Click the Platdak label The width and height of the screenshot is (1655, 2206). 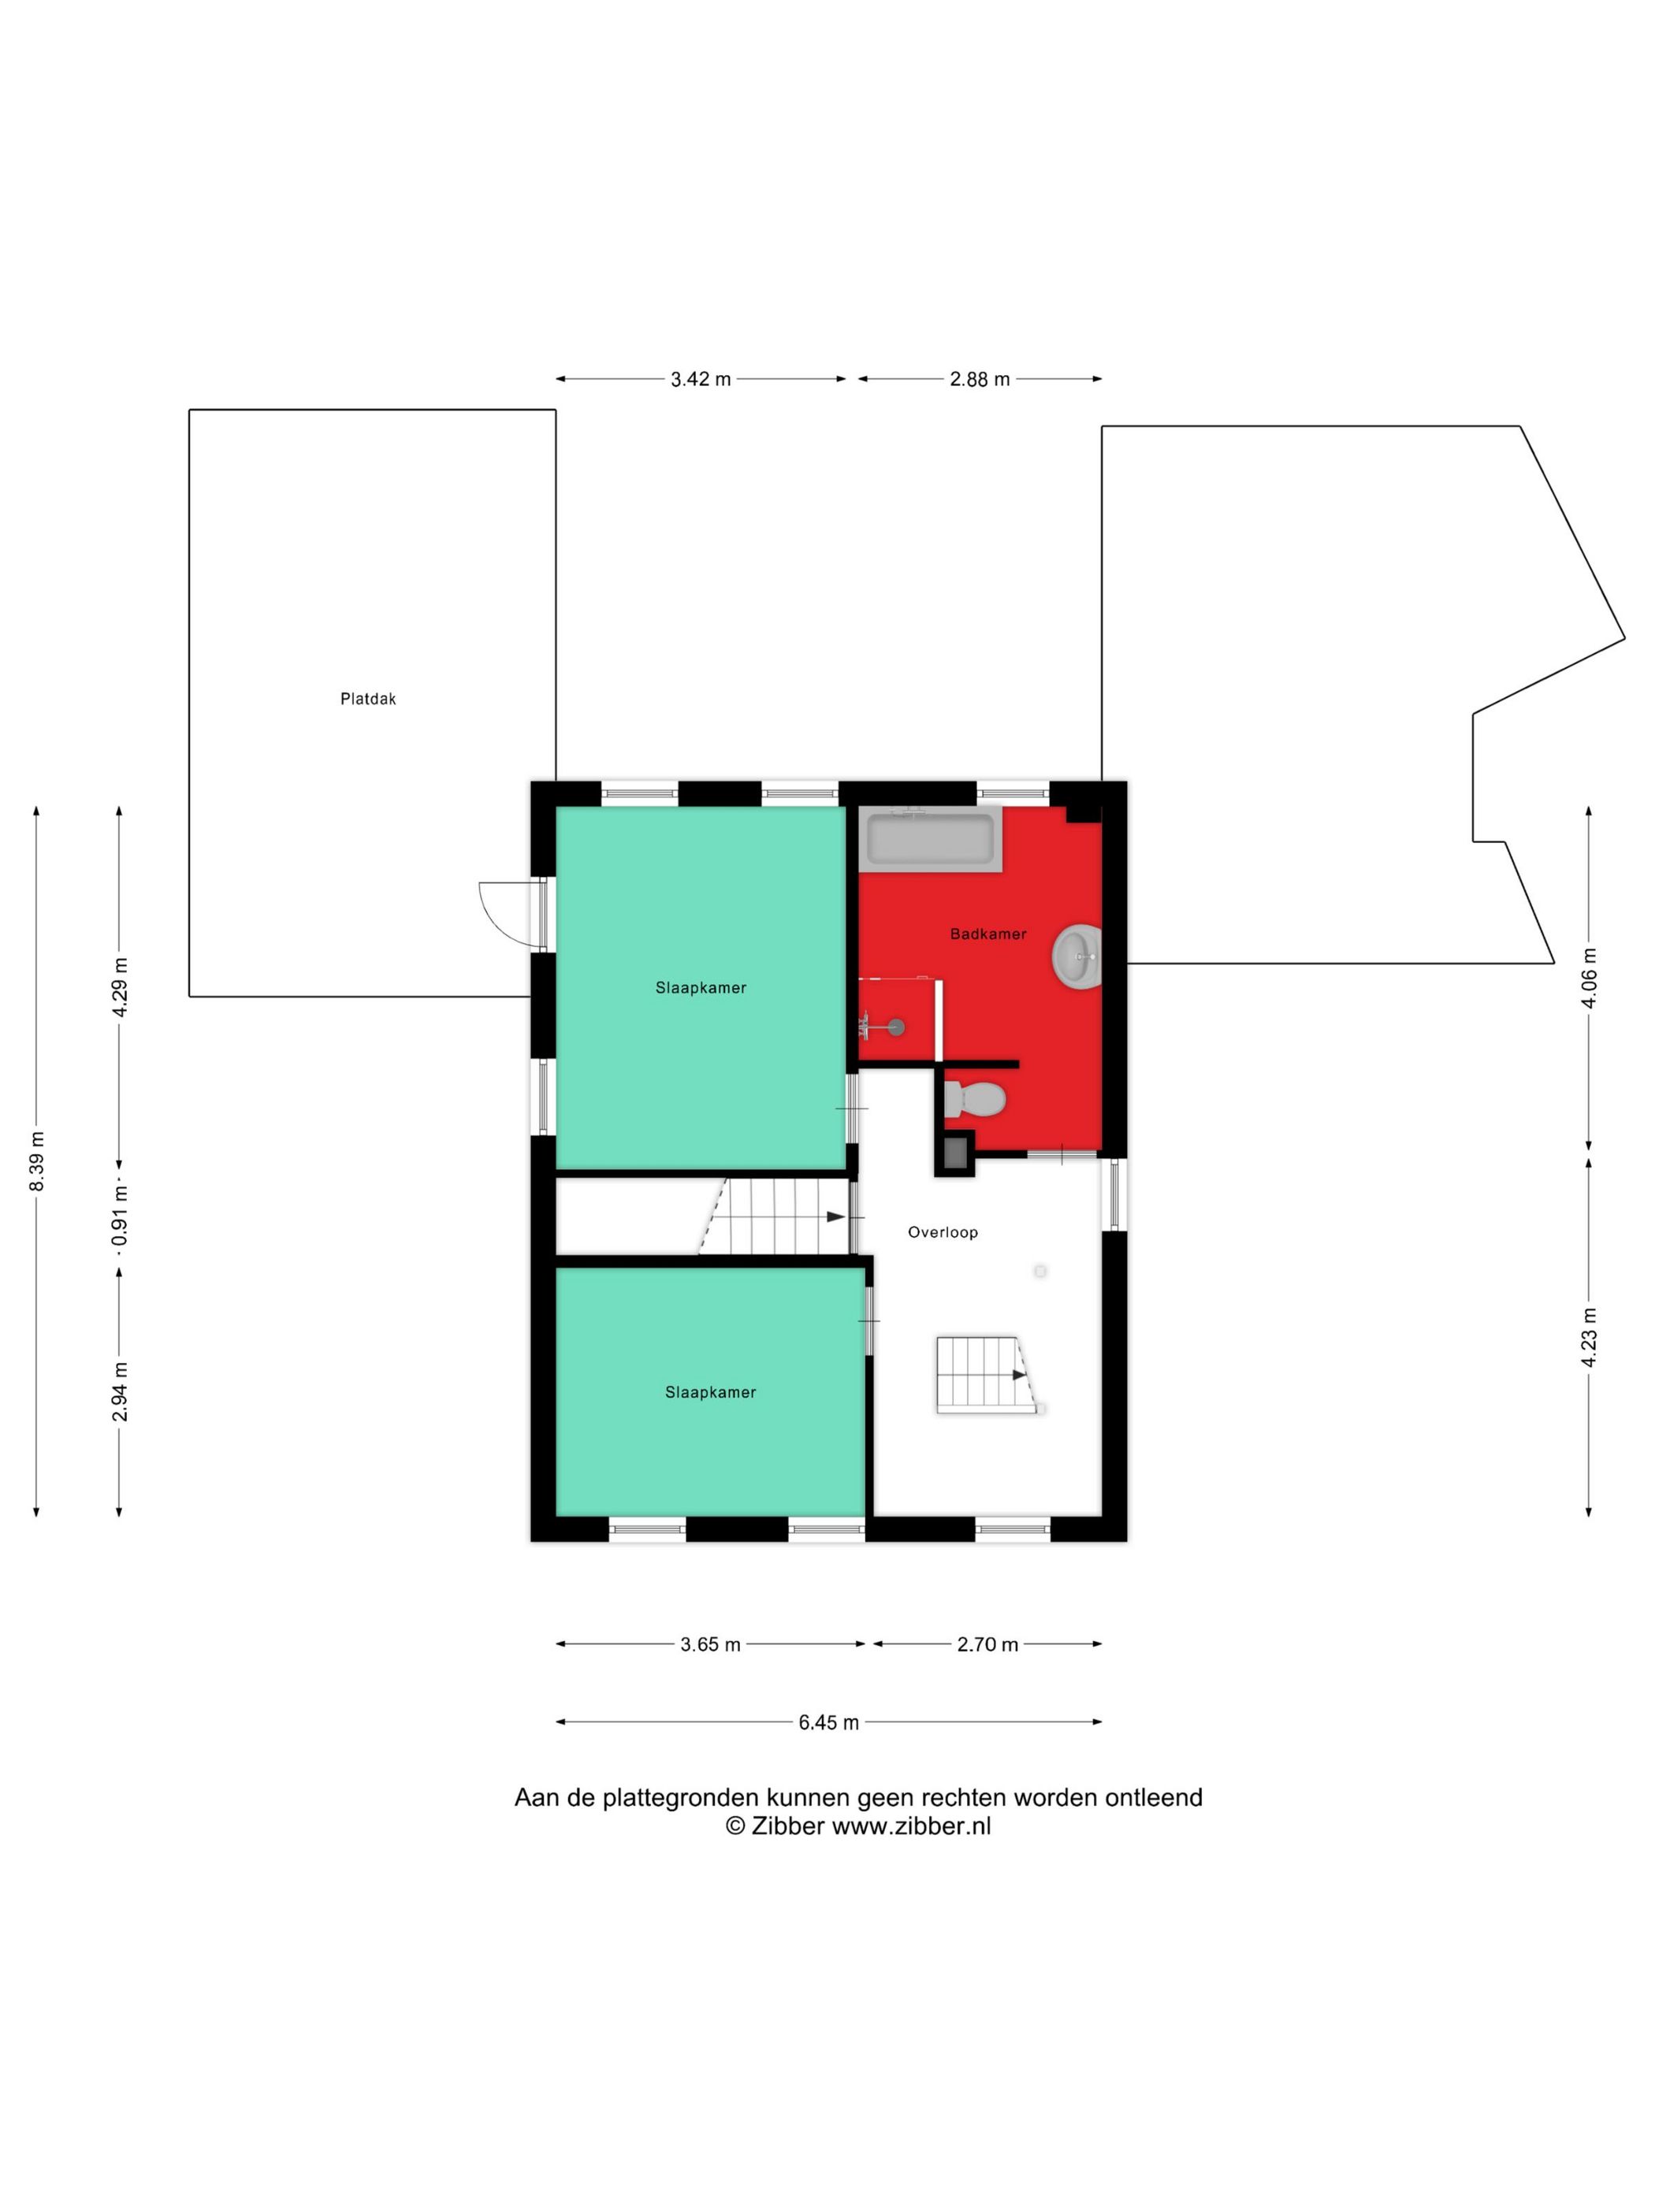(x=368, y=699)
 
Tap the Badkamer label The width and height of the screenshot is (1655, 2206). (x=987, y=934)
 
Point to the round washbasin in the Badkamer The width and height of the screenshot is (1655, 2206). (x=1077, y=956)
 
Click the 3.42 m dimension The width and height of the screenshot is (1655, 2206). (x=701, y=379)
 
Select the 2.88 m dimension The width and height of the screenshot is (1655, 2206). (x=980, y=379)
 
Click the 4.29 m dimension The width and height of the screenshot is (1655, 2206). (x=120, y=986)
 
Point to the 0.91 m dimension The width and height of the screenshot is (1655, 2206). (x=120, y=1216)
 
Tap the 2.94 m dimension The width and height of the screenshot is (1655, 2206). (x=120, y=1391)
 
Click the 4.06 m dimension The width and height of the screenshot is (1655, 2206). (x=1589, y=978)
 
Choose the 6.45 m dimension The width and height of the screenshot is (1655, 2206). (x=828, y=1722)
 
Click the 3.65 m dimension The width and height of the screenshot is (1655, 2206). (x=710, y=1644)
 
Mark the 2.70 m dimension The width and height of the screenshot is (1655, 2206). (x=987, y=1644)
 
